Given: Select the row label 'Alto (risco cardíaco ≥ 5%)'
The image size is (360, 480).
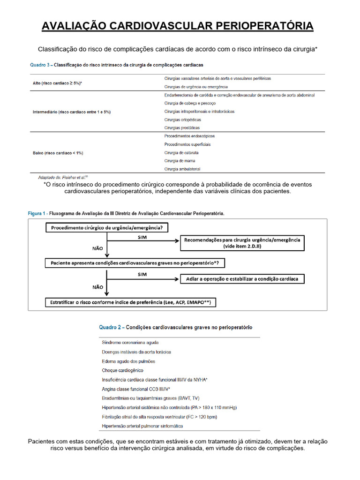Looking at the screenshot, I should (x=58, y=82).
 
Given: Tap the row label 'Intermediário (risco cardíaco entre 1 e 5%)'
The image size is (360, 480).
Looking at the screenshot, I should (x=71, y=112).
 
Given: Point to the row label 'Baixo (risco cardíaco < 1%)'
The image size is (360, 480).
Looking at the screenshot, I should (x=58, y=153).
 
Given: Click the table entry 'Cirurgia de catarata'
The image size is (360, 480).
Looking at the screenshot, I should (x=181, y=153).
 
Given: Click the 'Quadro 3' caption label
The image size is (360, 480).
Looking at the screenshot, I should (x=41, y=65).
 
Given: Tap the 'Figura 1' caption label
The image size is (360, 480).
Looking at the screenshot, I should (x=37, y=213).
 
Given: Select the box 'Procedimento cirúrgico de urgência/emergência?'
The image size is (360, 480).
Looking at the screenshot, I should (x=107, y=228).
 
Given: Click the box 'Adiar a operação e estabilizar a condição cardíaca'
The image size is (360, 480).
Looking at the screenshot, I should (x=242, y=279).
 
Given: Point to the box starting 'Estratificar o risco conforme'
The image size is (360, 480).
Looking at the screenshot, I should (x=131, y=303).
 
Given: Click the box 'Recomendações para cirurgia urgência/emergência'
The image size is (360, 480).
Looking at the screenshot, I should (x=242, y=242).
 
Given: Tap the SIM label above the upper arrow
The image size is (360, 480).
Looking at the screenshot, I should (x=142, y=238).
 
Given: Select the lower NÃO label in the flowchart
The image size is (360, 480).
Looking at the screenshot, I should (x=98, y=287).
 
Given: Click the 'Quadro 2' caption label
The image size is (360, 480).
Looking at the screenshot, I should (x=111, y=327).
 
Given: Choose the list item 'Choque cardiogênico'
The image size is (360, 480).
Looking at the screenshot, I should (x=123, y=370).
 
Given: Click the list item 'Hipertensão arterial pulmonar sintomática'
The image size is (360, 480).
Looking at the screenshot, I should (x=142, y=426).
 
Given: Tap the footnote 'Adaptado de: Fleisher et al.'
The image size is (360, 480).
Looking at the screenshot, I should (x=62, y=178).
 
